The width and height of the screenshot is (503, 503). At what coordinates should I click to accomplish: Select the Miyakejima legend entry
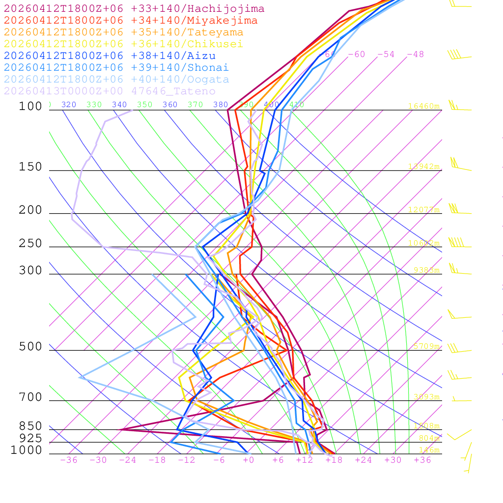pos(131,21)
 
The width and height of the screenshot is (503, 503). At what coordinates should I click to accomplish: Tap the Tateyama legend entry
pos(123,32)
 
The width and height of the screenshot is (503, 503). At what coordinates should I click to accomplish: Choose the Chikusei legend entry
pos(123,44)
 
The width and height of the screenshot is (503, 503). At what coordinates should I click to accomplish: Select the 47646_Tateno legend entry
pos(110,91)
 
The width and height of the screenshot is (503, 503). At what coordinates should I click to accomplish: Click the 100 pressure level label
pos(30,106)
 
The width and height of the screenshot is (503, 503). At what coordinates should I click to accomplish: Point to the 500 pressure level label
pos(30,347)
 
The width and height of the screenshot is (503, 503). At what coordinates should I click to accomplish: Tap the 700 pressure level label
pos(30,397)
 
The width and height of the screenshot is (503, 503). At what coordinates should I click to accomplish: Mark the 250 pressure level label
pos(30,244)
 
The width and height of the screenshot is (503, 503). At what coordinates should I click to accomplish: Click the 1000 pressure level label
pos(27,450)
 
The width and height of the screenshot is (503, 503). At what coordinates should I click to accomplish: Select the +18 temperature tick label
pos(334,460)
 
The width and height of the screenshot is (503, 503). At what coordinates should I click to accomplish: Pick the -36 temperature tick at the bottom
pos(69,460)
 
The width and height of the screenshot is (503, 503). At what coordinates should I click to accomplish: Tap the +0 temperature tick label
pos(249,460)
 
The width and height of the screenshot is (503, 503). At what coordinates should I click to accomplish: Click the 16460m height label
pos(423,106)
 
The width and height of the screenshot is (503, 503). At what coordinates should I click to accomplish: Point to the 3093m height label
pos(426,397)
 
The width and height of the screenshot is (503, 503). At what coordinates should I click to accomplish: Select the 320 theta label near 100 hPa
pos(69,105)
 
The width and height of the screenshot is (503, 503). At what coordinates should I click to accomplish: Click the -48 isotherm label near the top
pos(415,55)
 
